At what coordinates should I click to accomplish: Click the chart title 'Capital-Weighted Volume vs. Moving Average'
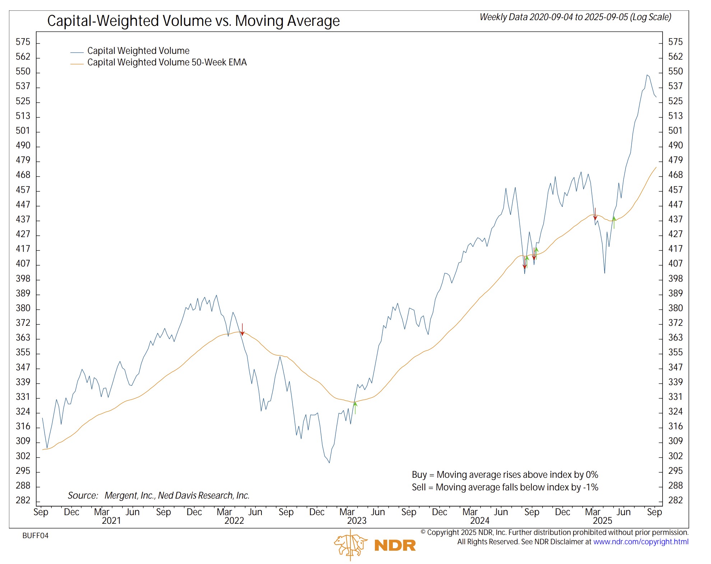pyautogui.click(x=193, y=21)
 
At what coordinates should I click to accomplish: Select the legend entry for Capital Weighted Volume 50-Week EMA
pyautogui.click(x=167, y=62)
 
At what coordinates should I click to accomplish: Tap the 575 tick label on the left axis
pyautogui.click(x=23, y=42)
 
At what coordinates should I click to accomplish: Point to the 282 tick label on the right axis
pyautogui.click(x=675, y=500)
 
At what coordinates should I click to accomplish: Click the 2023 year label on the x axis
pyautogui.click(x=357, y=521)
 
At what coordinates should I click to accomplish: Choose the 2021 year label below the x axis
pyautogui.click(x=111, y=521)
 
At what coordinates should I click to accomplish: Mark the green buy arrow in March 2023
pyautogui.click(x=355, y=407)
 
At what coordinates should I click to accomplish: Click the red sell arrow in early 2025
pyautogui.click(x=595, y=214)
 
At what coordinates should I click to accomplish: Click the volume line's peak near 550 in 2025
pyautogui.click(x=647, y=75)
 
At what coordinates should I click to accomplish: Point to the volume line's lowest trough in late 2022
pyautogui.click(x=329, y=462)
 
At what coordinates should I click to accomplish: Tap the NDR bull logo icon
pyautogui.click(x=350, y=545)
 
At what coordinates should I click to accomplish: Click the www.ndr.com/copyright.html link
pyautogui.click(x=641, y=542)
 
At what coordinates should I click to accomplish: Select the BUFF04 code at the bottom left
pyautogui.click(x=35, y=536)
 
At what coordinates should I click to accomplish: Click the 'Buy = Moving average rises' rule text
pyautogui.click(x=505, y=475)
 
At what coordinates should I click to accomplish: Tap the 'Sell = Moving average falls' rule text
pyautogui.click(x=505, y=487)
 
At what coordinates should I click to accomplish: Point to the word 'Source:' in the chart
pyautogui.click(x=83, y=495)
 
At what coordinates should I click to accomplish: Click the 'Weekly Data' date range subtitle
pyautogui.click(x=575, y=17)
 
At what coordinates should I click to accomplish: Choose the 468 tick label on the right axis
pyautogui.click(x=675, y=175)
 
